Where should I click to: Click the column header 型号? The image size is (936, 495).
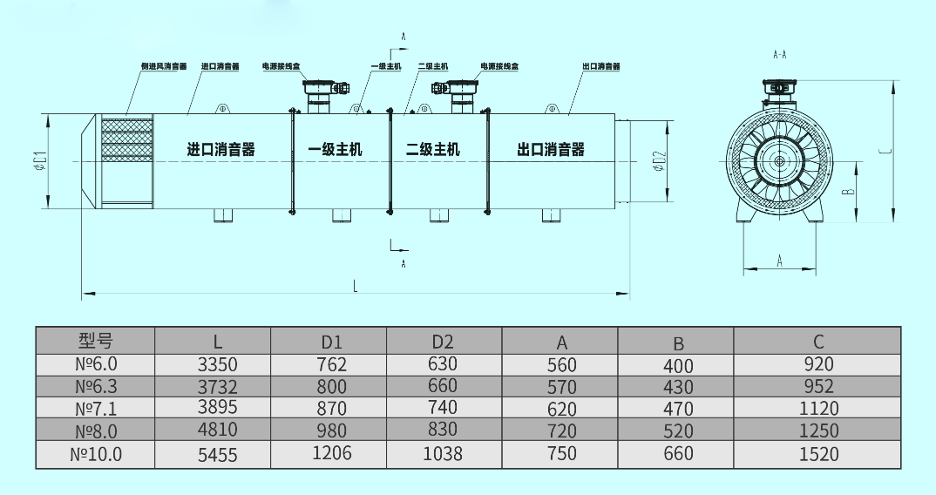tap(96, 341)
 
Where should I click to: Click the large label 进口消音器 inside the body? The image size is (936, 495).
tap(221, 150)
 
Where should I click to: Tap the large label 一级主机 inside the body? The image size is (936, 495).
tap(336, 150)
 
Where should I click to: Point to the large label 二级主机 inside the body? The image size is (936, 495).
tap(433, 150)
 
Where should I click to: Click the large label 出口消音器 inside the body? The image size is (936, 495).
tap(551, 150)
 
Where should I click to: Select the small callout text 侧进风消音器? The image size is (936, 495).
tap(164, 66)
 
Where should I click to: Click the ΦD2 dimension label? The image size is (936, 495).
tap(660, 161)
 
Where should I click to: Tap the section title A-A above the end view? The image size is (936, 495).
tap(780, 54)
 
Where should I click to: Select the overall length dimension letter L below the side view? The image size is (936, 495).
tap(355, 284)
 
